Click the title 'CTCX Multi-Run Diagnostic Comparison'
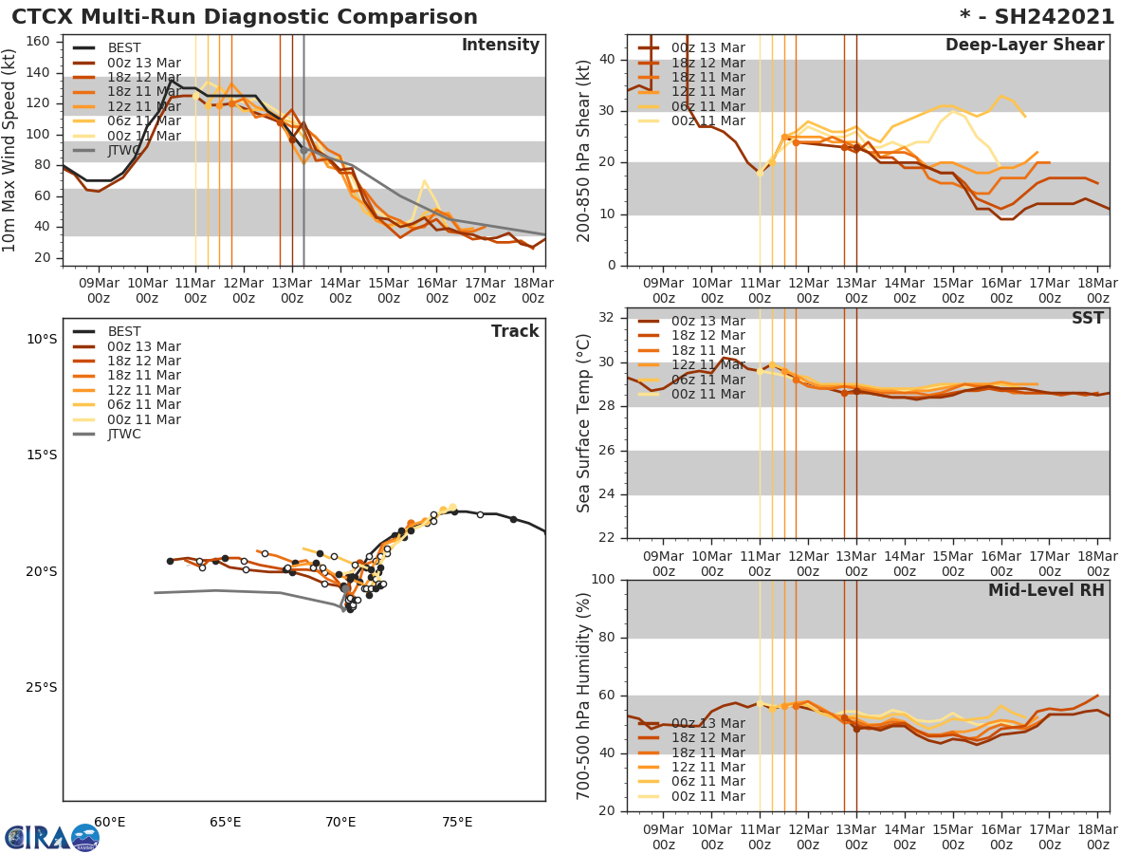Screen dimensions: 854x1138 tap(245, 17)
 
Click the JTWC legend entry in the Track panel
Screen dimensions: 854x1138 tap(124, 435)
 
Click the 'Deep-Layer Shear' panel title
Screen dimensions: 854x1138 tap(1024, 46)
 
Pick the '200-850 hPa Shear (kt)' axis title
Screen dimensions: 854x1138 tap(585, 150)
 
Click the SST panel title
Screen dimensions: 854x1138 tap(1087, 319)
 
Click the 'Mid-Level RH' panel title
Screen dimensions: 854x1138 tap(1046, 591)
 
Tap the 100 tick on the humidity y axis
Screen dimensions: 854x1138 tap(603, 580)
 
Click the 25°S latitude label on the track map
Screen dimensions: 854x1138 tap(41, 688)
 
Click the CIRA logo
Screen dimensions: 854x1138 tap(51, 838)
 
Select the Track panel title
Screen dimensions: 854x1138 tap(514, 331)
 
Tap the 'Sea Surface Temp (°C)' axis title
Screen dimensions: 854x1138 tap(585, 423)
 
